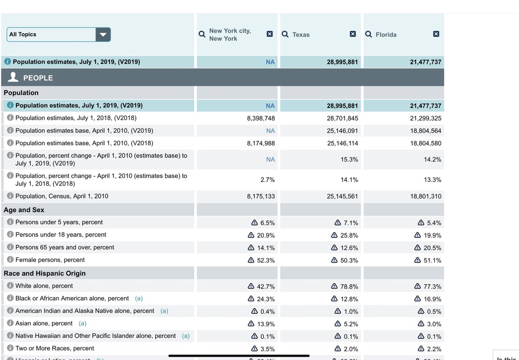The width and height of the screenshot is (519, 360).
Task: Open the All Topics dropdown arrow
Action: (x=103, y=35)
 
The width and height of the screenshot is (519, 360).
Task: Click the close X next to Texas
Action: (x=353, y=34)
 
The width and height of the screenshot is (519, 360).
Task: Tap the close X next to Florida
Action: (x=436, y=34)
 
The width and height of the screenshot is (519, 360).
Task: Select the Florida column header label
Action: (x=386, y=35)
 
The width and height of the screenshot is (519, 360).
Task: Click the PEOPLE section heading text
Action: (x=38, y=78)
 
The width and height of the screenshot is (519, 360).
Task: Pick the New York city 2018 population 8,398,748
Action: (x=261, y=118)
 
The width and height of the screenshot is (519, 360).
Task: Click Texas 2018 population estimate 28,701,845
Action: (x=342, y=118)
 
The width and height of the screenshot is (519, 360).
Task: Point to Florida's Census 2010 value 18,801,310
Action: (x=426, y=197)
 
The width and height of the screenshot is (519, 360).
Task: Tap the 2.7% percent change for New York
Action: (x=267, y=180)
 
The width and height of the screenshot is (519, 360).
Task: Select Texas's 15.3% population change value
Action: (x=349, y=159)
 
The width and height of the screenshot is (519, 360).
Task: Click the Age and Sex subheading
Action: (x=24, y=210)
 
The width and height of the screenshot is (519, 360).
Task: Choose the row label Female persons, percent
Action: (x=50, y=260)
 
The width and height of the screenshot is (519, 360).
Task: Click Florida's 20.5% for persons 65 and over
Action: (x=432, y=248)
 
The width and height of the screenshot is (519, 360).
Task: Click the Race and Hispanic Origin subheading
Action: (x=45, y=273)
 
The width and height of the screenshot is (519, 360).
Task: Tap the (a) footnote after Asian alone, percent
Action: (x=82, y=323)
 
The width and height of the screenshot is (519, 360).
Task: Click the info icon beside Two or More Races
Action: (x=10, y=348)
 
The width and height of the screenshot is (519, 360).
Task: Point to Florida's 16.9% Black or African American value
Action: (x=432, y=299)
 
